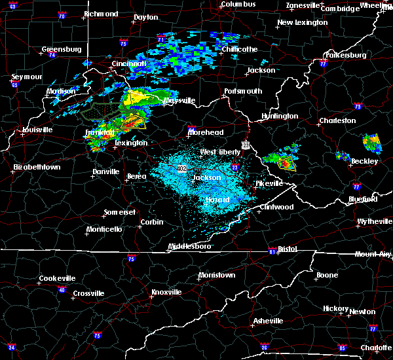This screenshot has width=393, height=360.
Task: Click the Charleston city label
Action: (337, 120)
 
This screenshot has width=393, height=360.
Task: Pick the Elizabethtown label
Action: (37, 168)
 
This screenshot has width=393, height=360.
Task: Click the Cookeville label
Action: (57, 278)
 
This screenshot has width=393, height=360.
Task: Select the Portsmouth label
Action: (243, 92)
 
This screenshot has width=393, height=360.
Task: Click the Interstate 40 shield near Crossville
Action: (62, 289)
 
